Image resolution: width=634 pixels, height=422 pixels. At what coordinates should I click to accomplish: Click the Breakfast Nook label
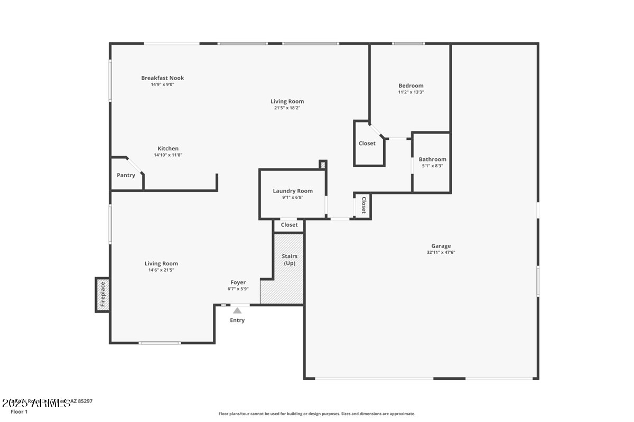(x=162, y=78)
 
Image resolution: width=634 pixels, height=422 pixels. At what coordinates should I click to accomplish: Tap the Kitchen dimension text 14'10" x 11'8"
(x=168, y=155)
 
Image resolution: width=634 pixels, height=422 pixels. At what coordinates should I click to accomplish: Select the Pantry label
(x=126, y=175)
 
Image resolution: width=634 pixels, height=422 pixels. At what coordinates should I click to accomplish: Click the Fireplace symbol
(x=102, y=294)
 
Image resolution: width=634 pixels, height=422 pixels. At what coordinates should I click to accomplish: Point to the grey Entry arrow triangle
(x=238, y=311)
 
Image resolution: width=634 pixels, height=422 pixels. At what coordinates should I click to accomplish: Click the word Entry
(x=237, y=320)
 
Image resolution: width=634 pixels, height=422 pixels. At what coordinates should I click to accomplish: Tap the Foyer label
(x=238, y=283)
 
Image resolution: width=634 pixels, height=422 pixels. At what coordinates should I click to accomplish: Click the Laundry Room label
(x=293, y=191)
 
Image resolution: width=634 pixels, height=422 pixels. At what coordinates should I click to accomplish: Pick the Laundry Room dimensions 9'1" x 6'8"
(x=293, y=197)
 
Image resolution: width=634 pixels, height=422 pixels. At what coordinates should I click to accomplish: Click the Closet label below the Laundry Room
(x=289, y=225)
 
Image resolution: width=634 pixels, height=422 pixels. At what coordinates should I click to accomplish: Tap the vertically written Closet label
(x=363, y=205)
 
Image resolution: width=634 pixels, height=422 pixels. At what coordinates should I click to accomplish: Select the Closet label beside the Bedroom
(x=367, y=143)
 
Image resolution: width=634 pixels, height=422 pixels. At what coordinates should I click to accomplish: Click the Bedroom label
(x=411, y=85)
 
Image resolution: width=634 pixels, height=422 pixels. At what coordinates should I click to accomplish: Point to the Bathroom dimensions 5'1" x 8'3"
(x=432, y=166)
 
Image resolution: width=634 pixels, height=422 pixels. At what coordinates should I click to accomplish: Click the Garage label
(x=441, y=246)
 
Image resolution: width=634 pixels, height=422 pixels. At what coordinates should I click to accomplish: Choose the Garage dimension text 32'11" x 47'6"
(x=441, y=252)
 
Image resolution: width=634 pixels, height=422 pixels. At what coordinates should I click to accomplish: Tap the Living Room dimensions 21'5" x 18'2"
(x=287, y=108)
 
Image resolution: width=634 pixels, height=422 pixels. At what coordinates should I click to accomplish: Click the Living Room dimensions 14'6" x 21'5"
(x=161, y=270)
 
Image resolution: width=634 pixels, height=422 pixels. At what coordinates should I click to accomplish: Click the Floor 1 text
(x=19, y=411)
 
